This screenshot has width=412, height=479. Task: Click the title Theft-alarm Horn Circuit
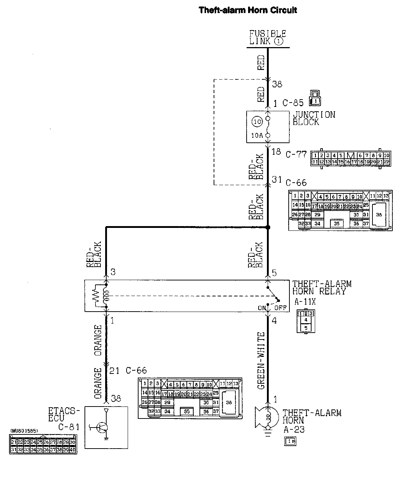point(248,10)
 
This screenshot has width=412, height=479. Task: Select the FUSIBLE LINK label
point(267,37)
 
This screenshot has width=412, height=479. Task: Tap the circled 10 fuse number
point(257,122)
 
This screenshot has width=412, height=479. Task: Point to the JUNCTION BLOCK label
point(314,118)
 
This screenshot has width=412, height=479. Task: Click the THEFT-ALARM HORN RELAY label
point(322,288)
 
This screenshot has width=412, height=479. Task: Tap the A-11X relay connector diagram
point(305,321)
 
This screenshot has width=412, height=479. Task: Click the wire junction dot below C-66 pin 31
point(268,228)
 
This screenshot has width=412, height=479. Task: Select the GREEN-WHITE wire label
point(261,361)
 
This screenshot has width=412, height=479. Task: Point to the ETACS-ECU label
point(64,419)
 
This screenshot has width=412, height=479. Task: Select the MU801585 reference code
point(24,431)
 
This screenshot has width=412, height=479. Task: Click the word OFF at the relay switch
point(280,308)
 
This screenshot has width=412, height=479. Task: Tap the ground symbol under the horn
point(268,433)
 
